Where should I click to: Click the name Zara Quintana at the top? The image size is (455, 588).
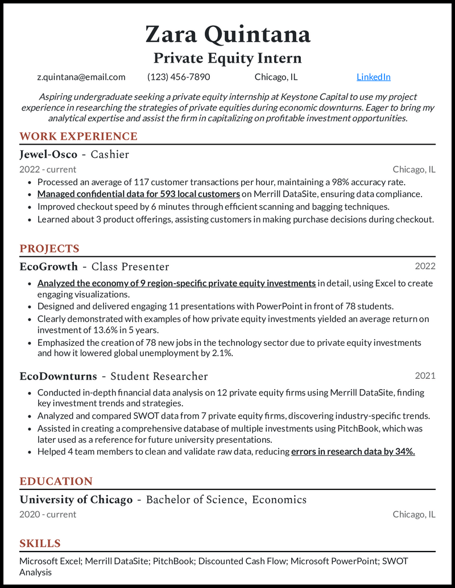click(x=227, y=34)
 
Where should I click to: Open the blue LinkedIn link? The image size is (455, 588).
click(x=373, y=77)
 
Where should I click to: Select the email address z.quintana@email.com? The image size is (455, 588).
click(x=81, y=77)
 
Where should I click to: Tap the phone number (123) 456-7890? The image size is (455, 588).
click(x=179, y=77)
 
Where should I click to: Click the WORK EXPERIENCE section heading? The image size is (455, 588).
click(x=78, y=136)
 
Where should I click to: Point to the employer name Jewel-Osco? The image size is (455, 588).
click(x=48, y=154)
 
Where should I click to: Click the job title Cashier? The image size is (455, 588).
click(x=110, y=154)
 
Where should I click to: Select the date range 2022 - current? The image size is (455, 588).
click(x=48, y=169)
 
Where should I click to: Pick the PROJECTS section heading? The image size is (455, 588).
click(x=49, y=248)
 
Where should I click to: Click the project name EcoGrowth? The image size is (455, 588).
click(x=48, y=267)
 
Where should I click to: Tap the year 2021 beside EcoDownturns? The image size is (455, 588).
click(x=425, y=375)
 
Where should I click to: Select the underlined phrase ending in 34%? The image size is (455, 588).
click(x=353, y=452)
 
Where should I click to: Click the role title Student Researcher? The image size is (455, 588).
click(x=159, y=376)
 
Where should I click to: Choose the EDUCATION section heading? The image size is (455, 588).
click(x=56, y=481)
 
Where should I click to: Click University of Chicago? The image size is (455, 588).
click(x=76, y=500)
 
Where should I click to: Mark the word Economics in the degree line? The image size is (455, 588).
click(x=279, y=500)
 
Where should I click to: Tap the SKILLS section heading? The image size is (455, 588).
click(x=40, y=543)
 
